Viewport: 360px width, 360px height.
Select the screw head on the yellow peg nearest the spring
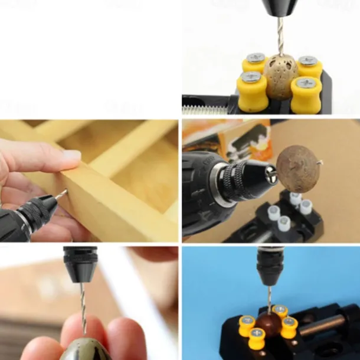(251, 77)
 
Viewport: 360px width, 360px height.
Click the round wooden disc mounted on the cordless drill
(299, 169)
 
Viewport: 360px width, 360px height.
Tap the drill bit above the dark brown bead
(270, 299)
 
